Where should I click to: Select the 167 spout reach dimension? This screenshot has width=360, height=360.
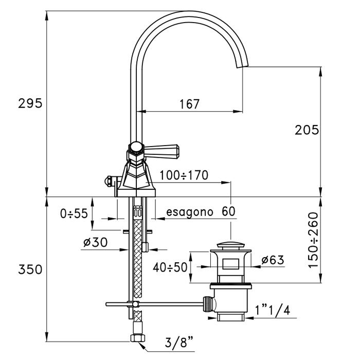coord(189,104)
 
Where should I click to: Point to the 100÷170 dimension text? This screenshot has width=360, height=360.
coord(184,175)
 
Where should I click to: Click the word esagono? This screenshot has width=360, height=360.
coord(188,211)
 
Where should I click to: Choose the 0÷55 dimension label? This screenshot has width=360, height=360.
coord(73,213)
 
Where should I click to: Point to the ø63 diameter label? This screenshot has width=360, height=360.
coord(273,261)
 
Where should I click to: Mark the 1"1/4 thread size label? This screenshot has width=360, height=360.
coord(271,310)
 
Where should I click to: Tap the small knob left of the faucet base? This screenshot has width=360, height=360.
coord(110,181)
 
